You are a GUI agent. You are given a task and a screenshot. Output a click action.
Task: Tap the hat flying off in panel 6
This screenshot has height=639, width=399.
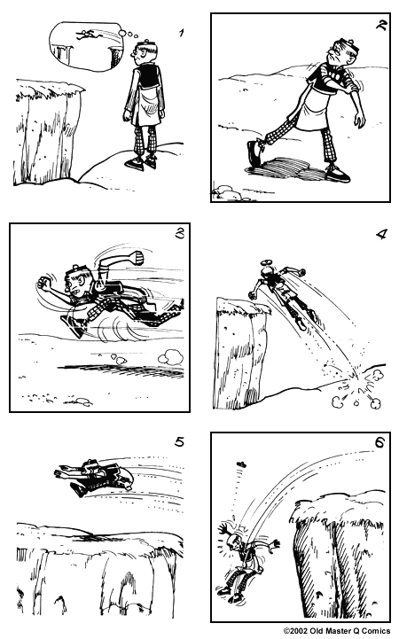point(242,464)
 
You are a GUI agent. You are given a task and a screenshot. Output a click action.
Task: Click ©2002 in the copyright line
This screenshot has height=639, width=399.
point(298,632)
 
